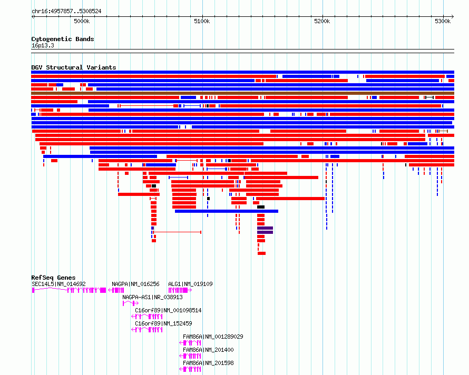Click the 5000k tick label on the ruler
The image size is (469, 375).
click(x=82, y=21)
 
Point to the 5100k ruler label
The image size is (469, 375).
click(x=202, y=21)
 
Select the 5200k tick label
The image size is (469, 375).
click(x=322, y=21)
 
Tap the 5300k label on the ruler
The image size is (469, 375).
click(x=443, y=21)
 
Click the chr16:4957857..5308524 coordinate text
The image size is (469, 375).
click(x=66, y=12)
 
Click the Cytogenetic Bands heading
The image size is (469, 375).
click(x=63, y=39)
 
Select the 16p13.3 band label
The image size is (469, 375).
click(x=43, y=45)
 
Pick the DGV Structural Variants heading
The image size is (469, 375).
click(x=74, y=67)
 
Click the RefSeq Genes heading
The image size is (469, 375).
click(x=53, y=278)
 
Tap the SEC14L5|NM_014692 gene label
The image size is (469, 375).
click(x=58, y=284)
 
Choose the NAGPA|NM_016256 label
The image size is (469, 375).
click(x=135, y=284)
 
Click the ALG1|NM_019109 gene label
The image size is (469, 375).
click(x=190, y=284)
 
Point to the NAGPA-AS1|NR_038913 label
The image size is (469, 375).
click(x=152, y=297)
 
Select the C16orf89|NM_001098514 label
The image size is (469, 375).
click(x=168, y=310)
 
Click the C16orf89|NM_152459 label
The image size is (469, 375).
click(x=163, y=323)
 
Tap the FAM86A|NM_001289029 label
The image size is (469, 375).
click(x=213, y=337)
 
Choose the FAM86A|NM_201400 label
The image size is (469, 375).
click(x=208, y=350)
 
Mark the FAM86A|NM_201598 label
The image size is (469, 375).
click(x=208, y=363)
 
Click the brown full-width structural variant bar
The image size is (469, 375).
click(x=242, y=93)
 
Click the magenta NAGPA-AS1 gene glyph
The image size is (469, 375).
click(x=130, y=303)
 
